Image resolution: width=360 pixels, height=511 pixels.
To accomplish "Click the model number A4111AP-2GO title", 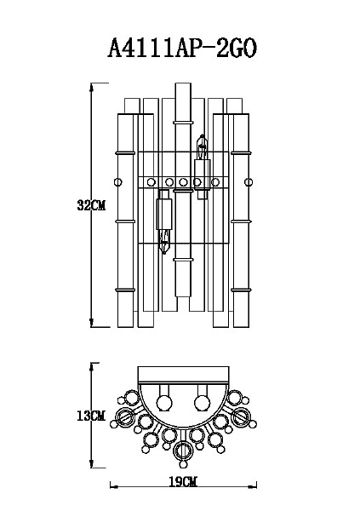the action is (x=182, y=49).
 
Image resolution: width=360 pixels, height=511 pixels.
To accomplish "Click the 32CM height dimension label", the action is (x=91, y=205).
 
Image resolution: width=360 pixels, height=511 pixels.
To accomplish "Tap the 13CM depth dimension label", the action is (x=91, y=416).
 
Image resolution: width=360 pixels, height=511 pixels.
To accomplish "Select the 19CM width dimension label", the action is (x=183, y=481).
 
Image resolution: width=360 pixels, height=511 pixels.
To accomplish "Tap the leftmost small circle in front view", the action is (x=118, y=182).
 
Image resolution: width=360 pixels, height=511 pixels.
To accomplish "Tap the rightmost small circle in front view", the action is (x=249, y=182).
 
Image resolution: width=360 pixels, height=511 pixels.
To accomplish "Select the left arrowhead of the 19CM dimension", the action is (x=114, y=487).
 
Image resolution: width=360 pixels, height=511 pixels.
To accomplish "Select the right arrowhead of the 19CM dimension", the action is (x=252, y=487).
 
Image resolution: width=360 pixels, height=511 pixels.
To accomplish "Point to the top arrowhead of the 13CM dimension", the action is (x=92, y=367).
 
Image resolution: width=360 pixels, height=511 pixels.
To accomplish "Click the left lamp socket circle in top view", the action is (x=164, y=403).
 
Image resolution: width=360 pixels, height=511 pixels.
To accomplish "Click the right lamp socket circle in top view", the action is (x=202, y=403).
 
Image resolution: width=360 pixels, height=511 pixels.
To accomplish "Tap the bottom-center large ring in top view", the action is (x=183, y=451).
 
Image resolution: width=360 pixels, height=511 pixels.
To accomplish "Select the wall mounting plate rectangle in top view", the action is (x=183, y=375).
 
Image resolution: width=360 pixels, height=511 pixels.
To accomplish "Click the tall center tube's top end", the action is (x=183, y=83).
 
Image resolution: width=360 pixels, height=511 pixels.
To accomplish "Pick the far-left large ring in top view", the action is (x=125, y=416).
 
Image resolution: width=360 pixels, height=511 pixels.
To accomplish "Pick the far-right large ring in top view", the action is (x=241, y=416).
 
